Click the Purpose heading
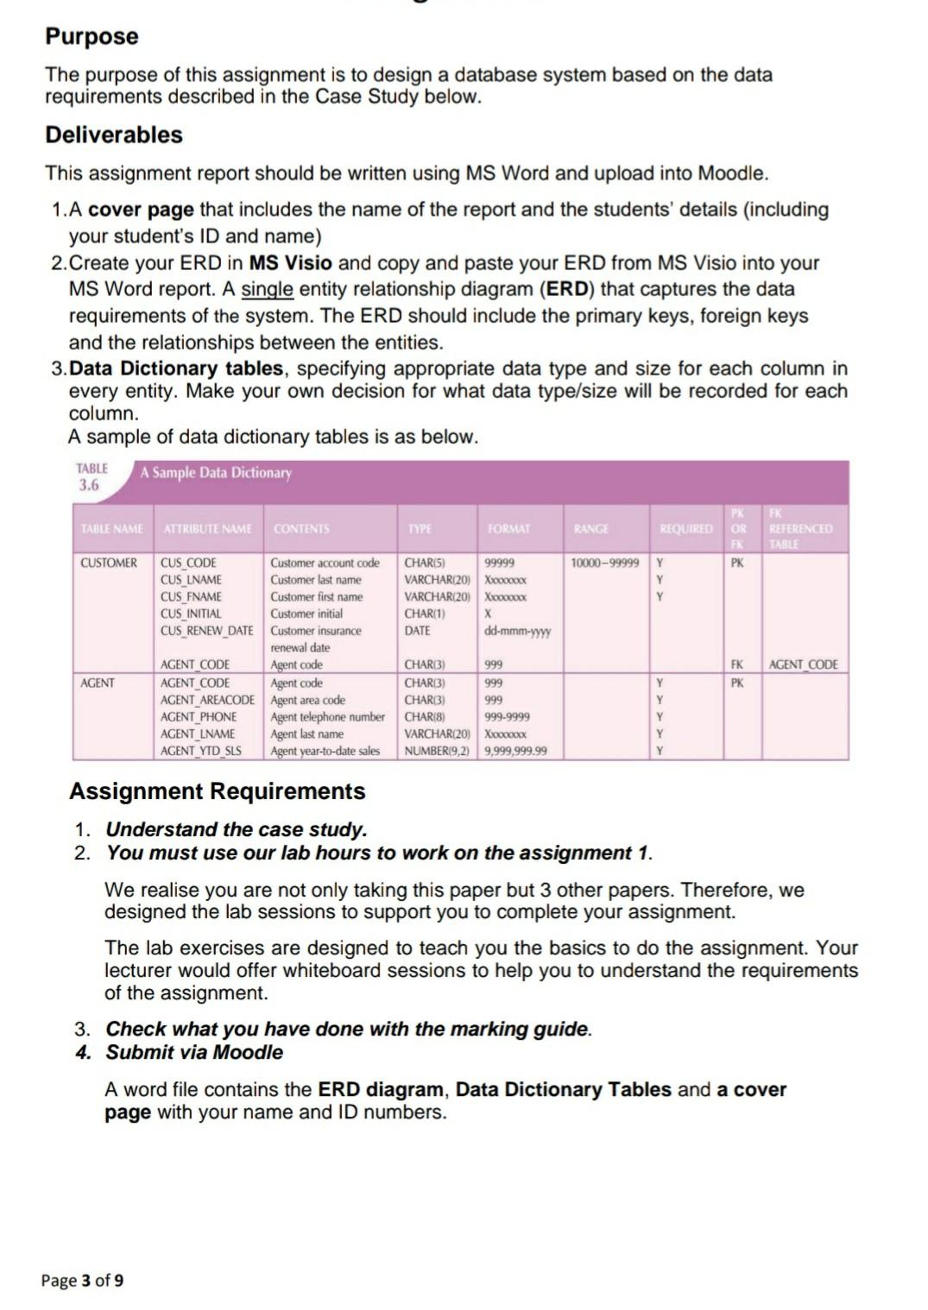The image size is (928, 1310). (x=92, y=36)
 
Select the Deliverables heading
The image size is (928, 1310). (x=114, y=135)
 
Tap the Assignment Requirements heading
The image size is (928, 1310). (x=217, y=791)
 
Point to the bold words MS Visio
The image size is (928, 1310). (x=290, y=262)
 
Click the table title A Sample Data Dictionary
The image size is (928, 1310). (x=216, y=473)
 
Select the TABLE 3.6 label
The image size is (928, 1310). (x=92, y=476)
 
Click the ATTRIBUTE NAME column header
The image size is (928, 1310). (x=207, y=529)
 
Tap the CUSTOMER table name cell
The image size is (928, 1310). (x=109, y=564)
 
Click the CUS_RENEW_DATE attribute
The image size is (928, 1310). (x=206, y=631)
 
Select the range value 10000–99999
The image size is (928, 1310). (x=605, y=564)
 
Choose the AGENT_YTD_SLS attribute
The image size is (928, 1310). (x=200, y=751)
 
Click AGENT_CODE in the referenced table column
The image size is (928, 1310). (x=803, y=664)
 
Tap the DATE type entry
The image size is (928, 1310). (x=417, y=631)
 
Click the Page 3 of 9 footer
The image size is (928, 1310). (x=82, y=1280)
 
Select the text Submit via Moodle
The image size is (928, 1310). (x=194, y=1052)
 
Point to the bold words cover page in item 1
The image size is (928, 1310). (x=142, y=210)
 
